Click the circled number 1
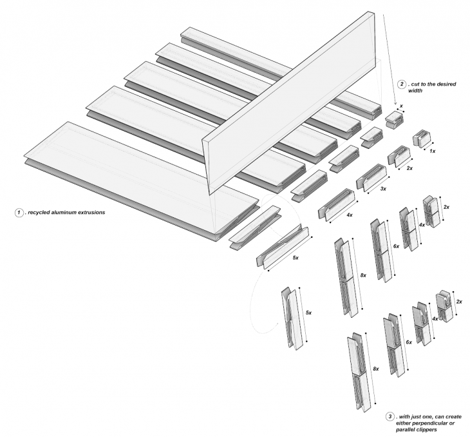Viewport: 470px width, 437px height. (20, 213)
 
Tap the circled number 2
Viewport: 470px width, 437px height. (402, 84)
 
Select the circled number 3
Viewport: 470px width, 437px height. (390, 416)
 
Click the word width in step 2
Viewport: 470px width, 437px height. (416, 92)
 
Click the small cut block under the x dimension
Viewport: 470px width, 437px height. (393, 119)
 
